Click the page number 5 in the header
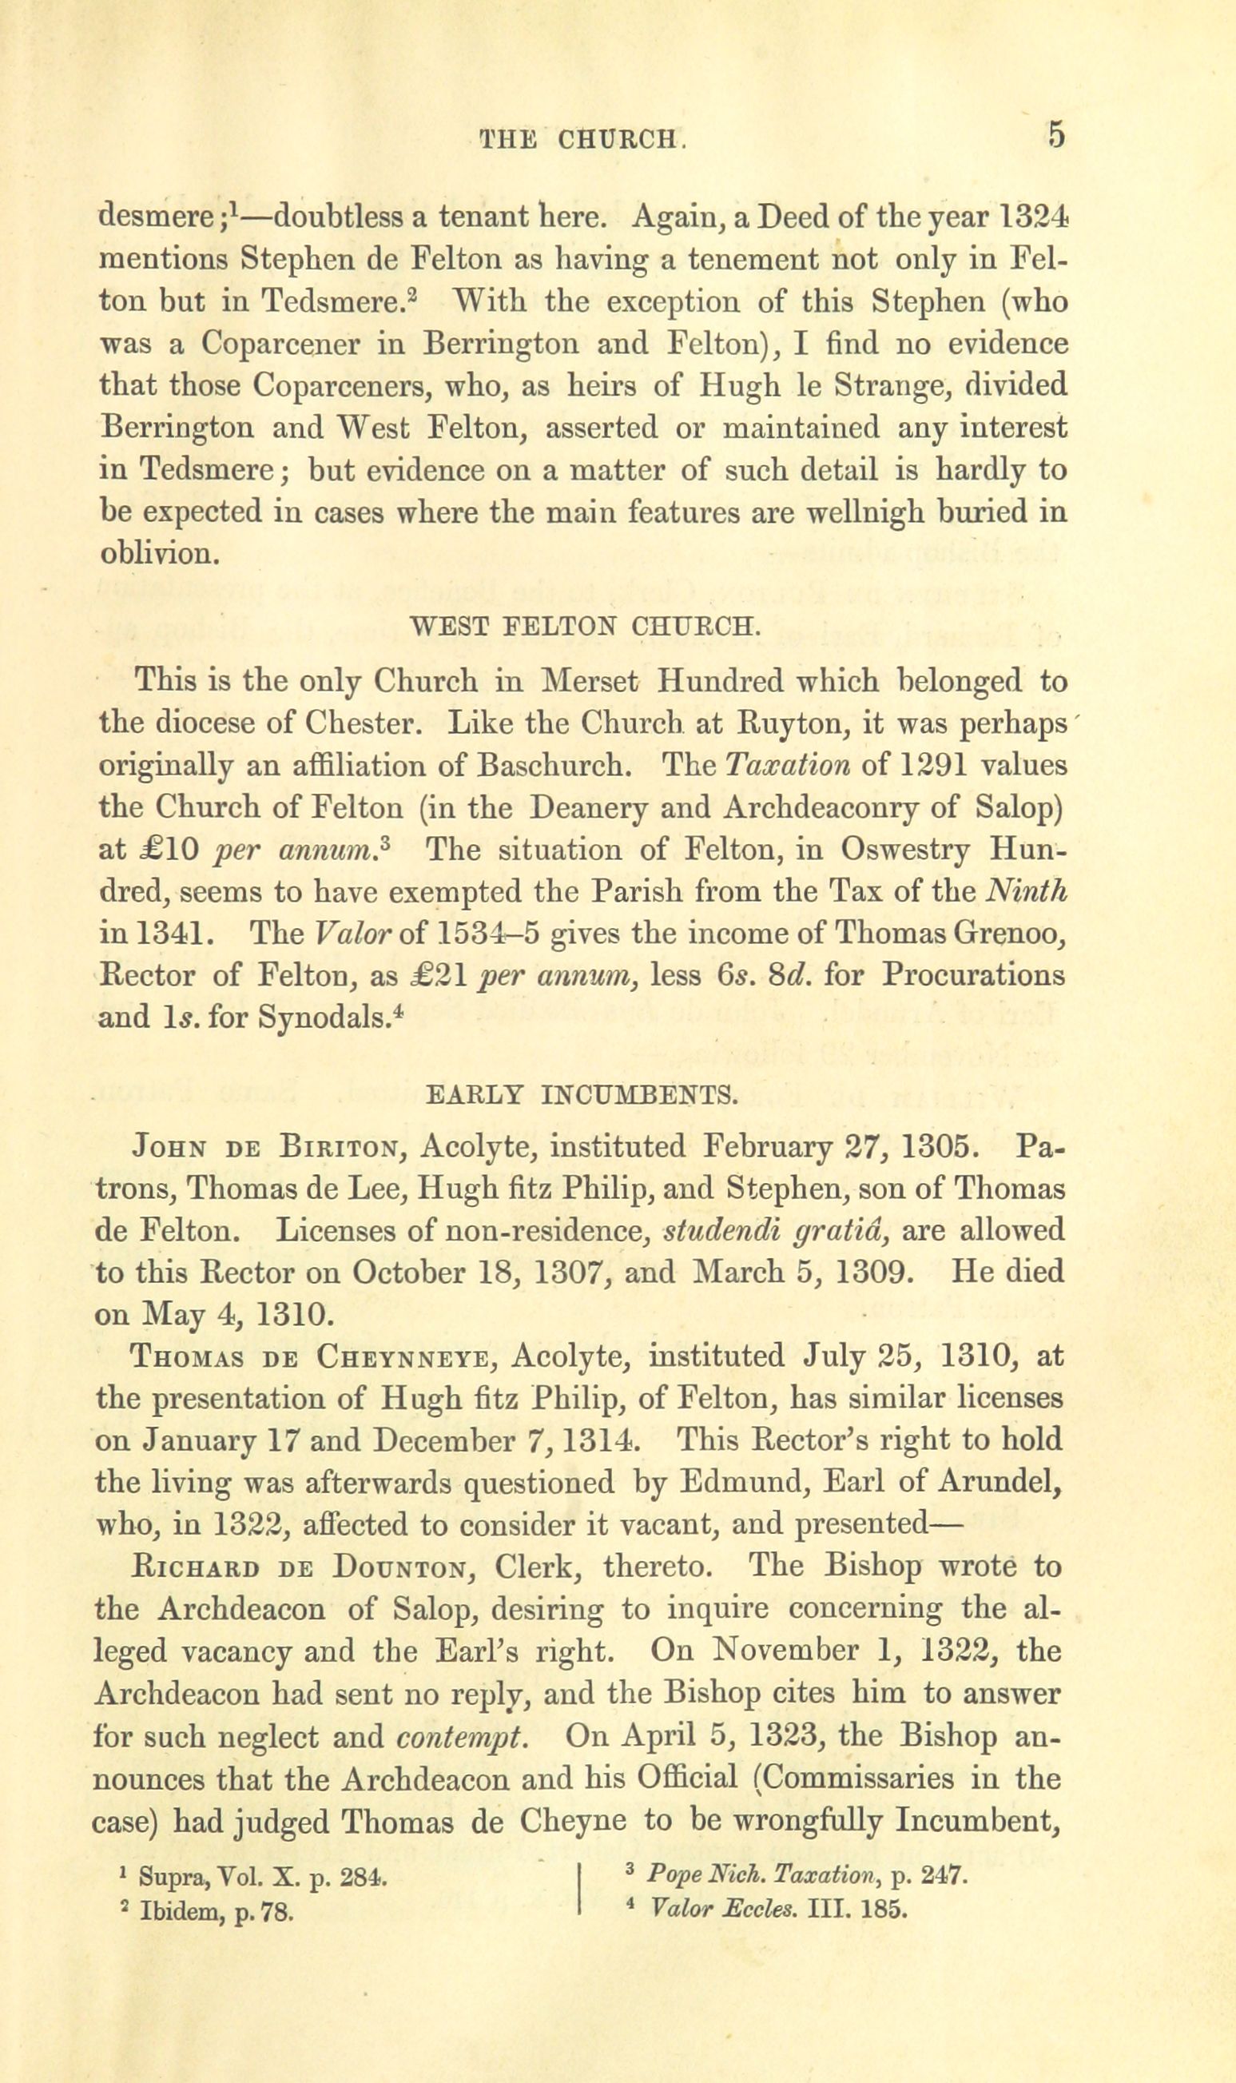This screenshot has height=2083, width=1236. click(1056, 135)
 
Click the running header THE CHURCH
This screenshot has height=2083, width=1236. click(583, 138)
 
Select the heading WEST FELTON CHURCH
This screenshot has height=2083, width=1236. click(586, 626)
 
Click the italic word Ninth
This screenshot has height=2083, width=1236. click(1027, 891)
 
